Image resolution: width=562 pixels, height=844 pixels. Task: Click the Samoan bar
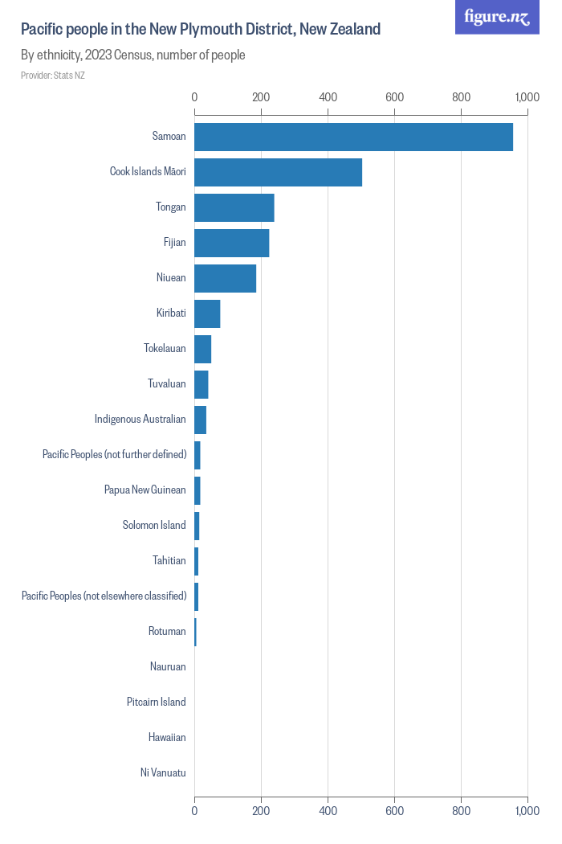tap(353, 137)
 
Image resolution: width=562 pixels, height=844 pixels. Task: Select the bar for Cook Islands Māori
tap(278, 172)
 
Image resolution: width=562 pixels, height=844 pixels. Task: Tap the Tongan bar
tap(234, 207)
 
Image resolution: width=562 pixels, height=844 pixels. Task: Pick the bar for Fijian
tap(231, 243)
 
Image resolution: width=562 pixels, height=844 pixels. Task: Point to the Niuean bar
tap(225, 278)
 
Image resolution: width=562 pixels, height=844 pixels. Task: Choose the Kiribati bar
tap(207, 313)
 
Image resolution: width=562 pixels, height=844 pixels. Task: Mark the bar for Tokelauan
tap(202, 349)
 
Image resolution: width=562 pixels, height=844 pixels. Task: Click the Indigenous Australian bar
tap(200, 420)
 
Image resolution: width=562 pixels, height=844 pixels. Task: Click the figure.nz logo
tap(497, 17)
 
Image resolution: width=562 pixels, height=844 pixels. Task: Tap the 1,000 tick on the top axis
tap(527, 97)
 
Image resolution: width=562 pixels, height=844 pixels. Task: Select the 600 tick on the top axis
tap(394, 97)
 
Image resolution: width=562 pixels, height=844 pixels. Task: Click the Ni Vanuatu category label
tap(163, 773)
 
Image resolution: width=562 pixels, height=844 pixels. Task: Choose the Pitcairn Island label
tap(157, 703)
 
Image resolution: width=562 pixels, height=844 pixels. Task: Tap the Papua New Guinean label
tap(145, 490)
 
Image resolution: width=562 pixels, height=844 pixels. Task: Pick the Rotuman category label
tap(167, 632)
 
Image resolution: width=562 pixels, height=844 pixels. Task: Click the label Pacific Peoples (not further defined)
tap(114, 455)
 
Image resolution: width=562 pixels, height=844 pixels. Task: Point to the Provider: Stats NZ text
tap(53, 76)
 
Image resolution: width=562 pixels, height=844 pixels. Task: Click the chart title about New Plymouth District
tap(201, 30)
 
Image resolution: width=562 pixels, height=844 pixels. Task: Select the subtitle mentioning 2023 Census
tap(133, 55)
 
